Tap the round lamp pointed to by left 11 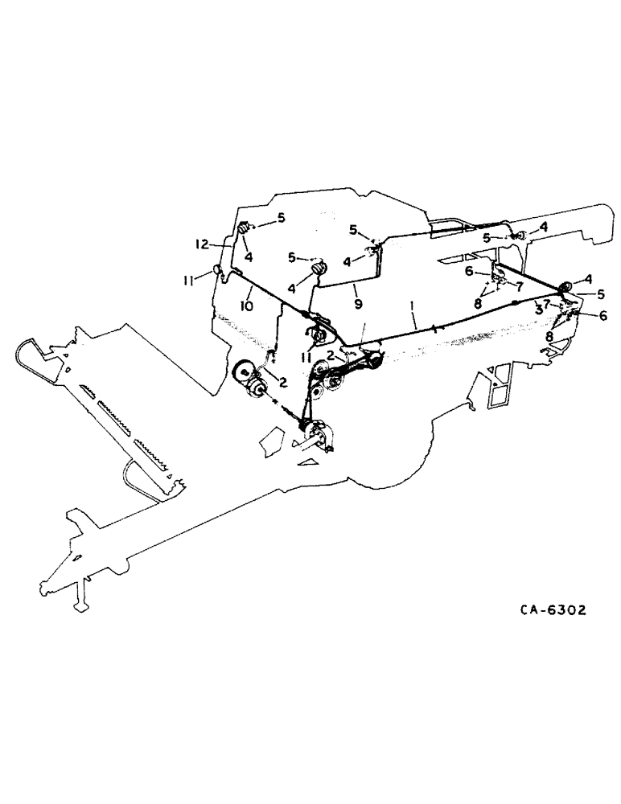(216, 269)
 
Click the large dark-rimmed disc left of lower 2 (242, 373)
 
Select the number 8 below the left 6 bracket (479, 303)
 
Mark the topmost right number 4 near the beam (544, 228)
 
